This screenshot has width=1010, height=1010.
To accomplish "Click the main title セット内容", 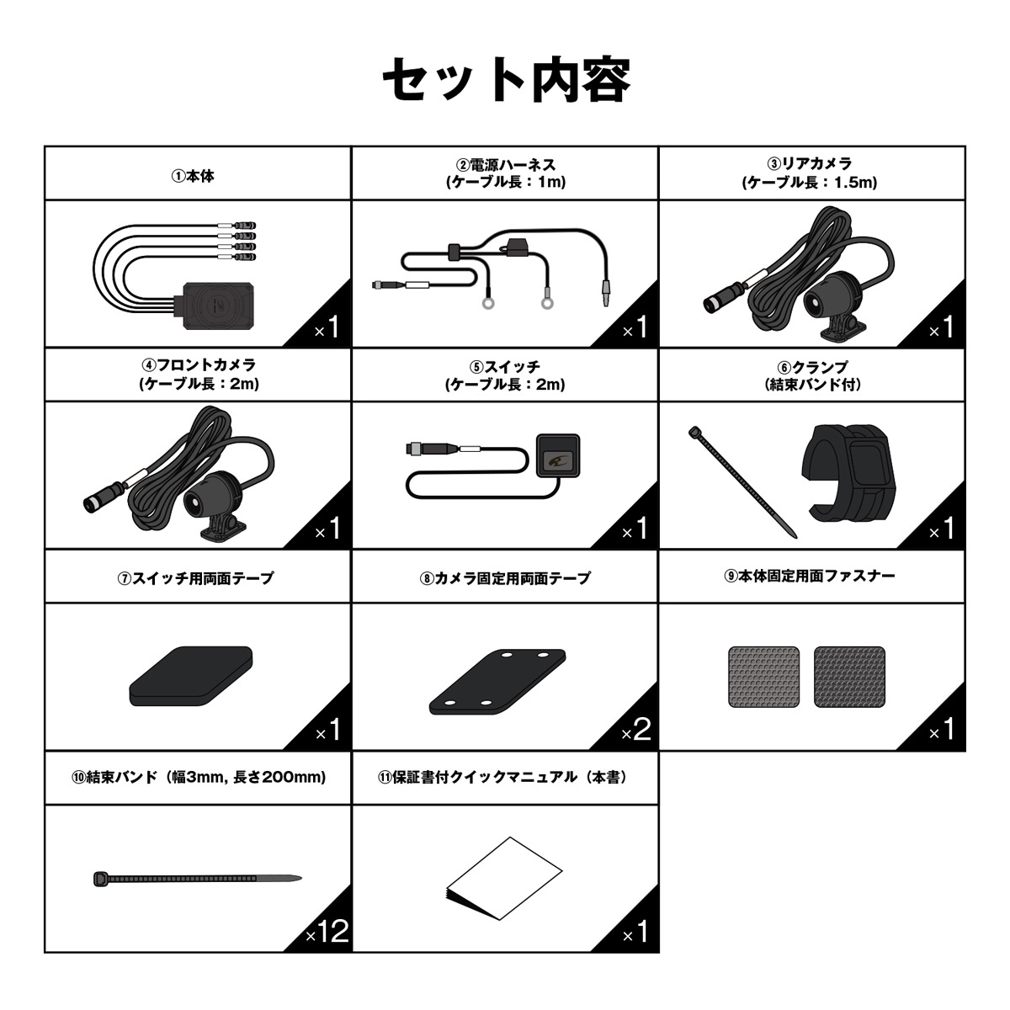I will click(506, 81).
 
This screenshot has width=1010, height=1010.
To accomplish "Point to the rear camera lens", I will click(816, 300).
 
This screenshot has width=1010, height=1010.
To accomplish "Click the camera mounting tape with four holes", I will click(498, 681).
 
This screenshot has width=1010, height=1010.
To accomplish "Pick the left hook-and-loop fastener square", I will click(763, 676).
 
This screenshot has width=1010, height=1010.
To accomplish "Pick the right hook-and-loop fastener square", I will click(849, 676).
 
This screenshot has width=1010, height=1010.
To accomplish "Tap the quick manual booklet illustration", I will click(503, 879).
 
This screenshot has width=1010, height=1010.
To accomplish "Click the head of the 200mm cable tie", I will click(100, 879).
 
